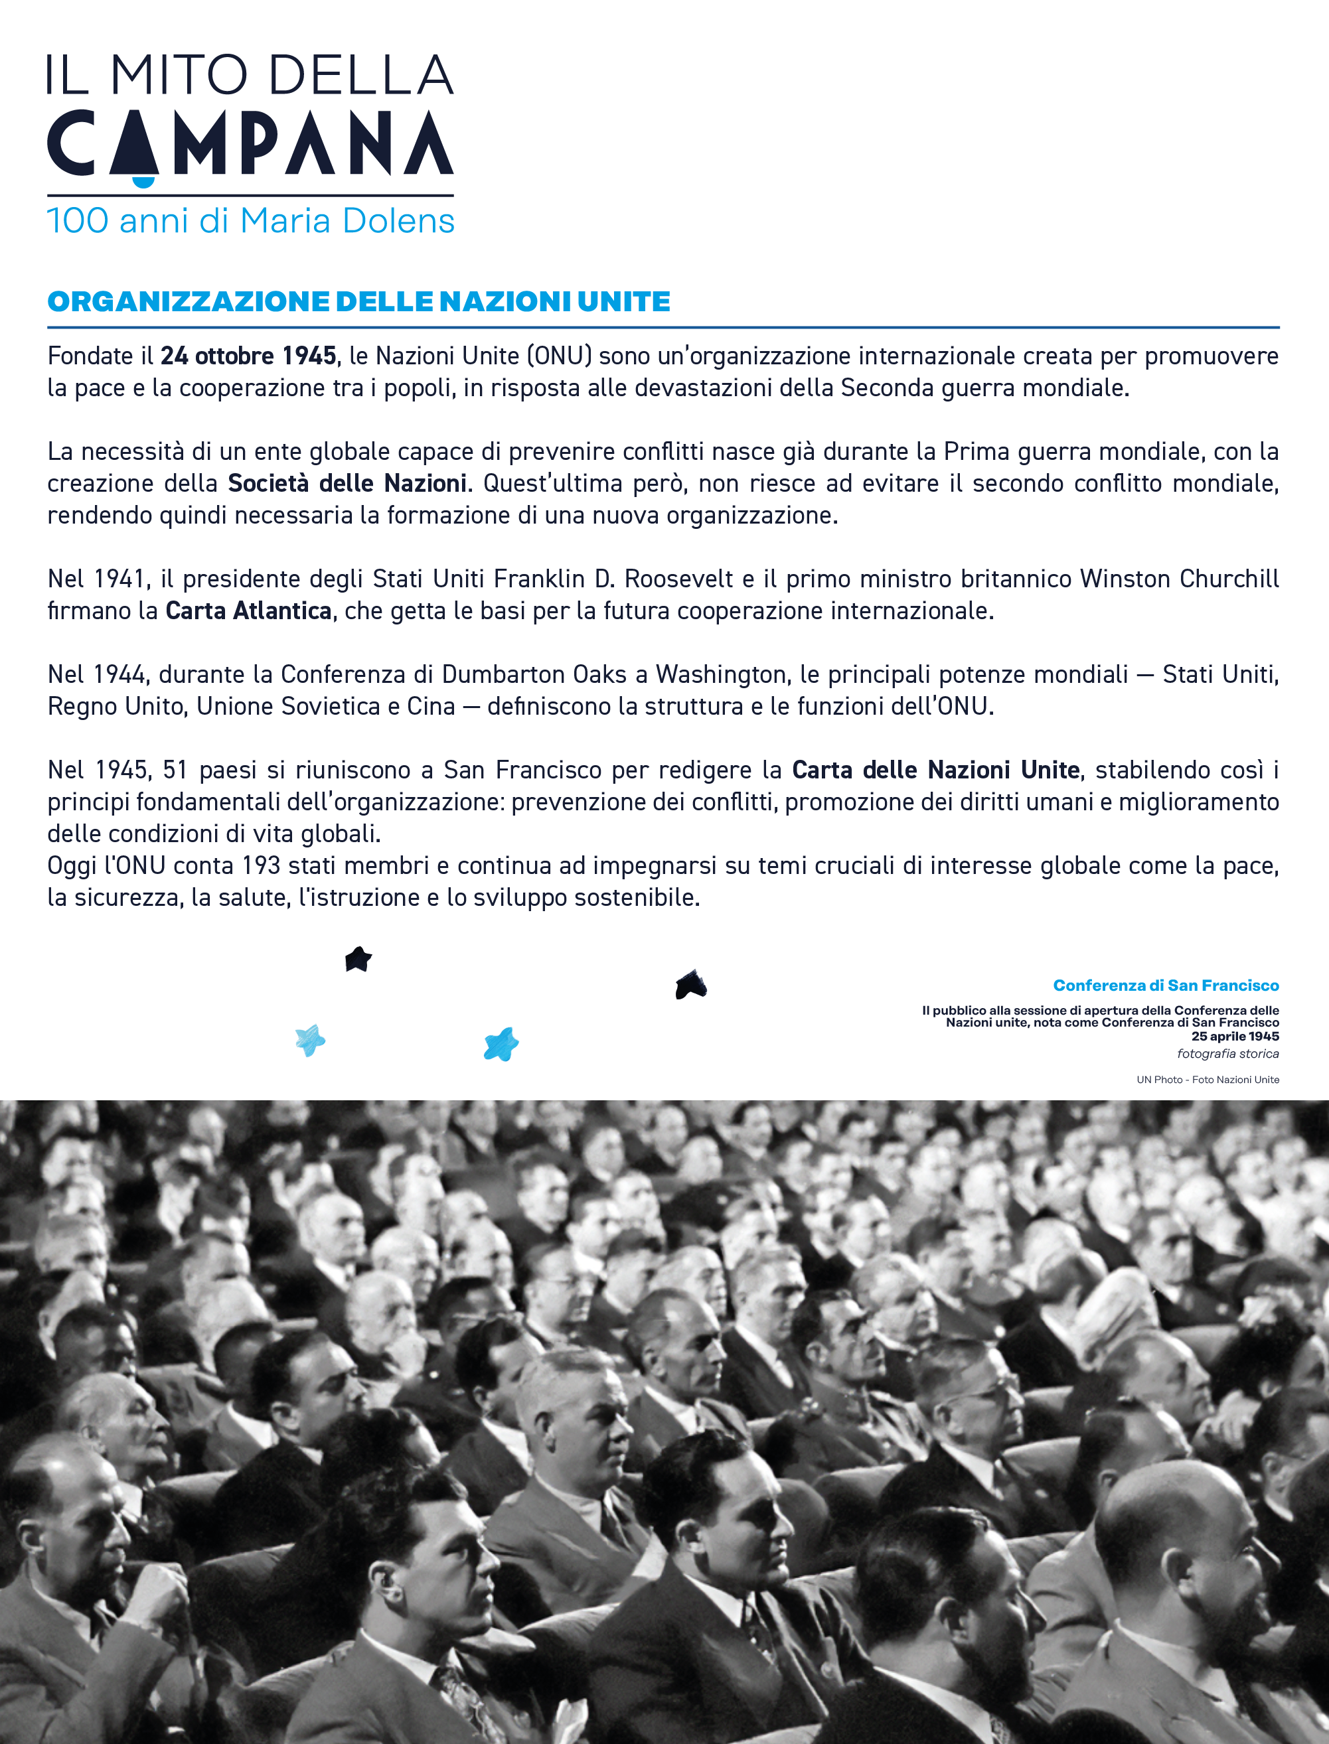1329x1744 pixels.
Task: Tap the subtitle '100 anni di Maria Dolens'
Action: click(251, 221)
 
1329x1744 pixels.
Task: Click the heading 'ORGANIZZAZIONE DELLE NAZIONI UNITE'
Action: click(358, 301)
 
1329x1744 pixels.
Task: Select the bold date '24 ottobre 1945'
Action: click(248, 356)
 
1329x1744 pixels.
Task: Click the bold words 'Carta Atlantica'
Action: click(248, 611)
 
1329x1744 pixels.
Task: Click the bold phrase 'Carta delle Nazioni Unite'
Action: click(935, 770)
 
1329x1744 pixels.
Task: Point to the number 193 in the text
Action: click(261, 865)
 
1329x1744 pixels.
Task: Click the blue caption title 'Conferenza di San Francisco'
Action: click(1165, 985)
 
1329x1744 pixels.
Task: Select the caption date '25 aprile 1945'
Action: click(1235, 1036)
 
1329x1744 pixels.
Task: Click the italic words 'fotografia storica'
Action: click(1227, 1054)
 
